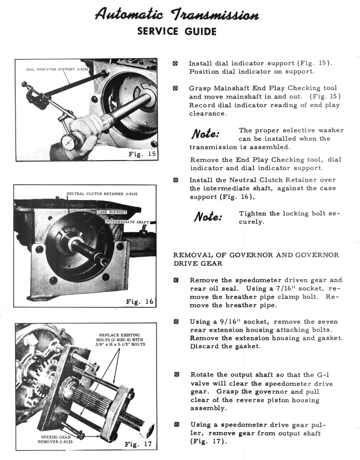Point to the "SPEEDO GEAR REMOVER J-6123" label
click(x=55, y=440)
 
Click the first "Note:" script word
click(x=207, y=134)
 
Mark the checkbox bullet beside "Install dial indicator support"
click(x=176, y=64)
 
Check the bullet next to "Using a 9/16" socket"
click(x=176, y=322)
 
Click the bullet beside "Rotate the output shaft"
click(x=176, y=375)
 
